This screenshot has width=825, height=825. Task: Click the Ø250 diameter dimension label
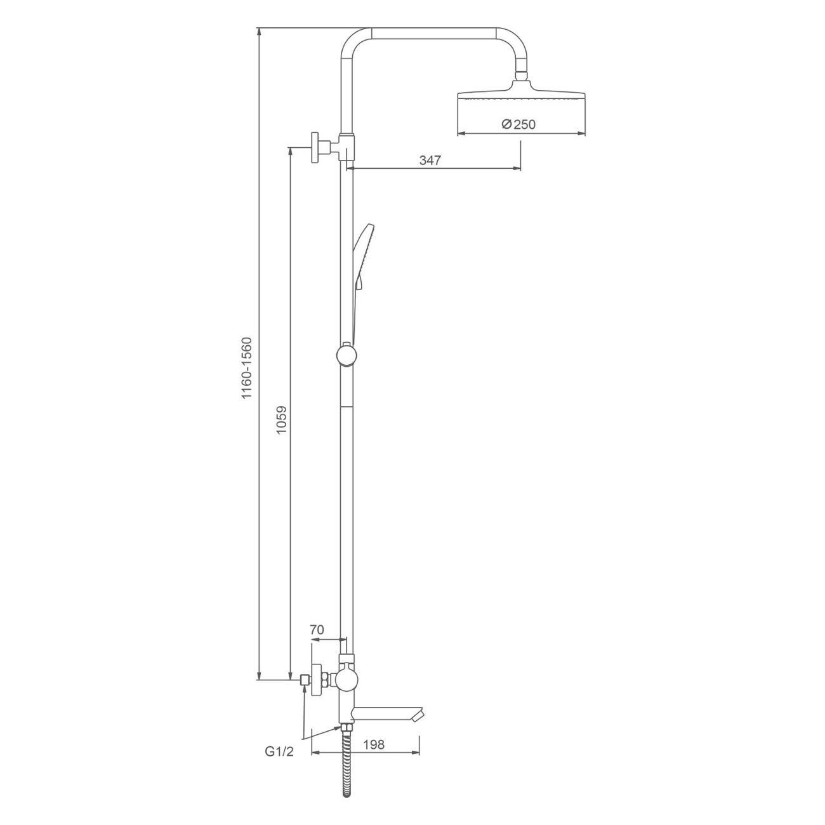point(518,124)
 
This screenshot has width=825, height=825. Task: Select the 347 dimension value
point(430,160)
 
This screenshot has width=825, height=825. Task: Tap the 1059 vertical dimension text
point(281,420)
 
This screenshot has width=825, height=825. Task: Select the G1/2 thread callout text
point(280,763)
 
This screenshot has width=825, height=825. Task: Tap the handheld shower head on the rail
point(362,282)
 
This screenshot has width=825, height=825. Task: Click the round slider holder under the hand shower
point(346,355)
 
